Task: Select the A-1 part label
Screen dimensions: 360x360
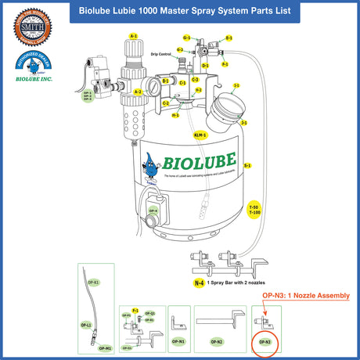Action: (133, 36)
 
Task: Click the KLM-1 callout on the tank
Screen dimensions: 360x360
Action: (199, 135)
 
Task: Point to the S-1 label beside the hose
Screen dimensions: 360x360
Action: (247, 165)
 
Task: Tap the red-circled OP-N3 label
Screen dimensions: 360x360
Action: (265, 342)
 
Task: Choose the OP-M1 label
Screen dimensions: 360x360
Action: (106, 347)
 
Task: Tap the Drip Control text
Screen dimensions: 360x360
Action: (162, 54)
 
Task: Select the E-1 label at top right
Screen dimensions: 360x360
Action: (229, 37)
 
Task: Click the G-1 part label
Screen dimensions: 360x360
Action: (187, 37)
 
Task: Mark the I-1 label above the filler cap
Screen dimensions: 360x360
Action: (236, 85)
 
